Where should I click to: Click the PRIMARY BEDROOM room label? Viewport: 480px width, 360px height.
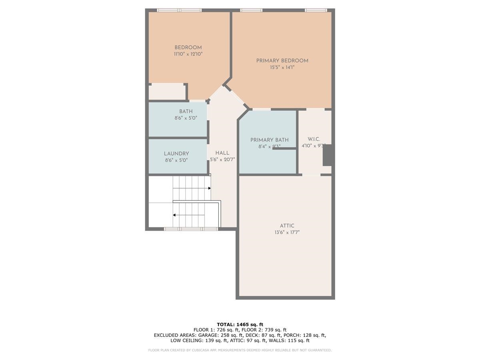(282, 61)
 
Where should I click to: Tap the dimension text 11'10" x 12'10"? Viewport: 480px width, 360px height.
(188, 54)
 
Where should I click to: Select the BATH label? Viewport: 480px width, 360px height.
(186, 111)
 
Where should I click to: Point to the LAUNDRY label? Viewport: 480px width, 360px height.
(176, 154)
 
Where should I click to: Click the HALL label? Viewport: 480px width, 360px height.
(222, 153)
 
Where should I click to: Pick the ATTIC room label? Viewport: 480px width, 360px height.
(287, 226)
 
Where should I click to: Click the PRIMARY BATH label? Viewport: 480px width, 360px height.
(269, 140)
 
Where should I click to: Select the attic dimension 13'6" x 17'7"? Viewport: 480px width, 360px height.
(287, 232)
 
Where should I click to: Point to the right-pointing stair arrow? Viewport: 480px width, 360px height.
(209, 188)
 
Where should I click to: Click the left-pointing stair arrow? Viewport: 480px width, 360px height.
(175, 215)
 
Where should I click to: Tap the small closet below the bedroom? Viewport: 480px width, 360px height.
(167, 92)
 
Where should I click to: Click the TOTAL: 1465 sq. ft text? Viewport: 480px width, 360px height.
(240, 324)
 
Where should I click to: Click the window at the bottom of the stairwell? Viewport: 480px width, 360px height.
(191, 229)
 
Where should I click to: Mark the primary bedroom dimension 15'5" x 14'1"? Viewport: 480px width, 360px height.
(282, 68)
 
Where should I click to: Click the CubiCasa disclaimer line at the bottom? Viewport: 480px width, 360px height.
(240, 350)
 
